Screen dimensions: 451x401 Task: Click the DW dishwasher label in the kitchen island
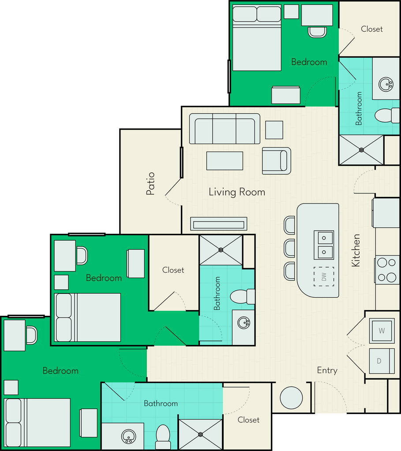(x=324, y=277)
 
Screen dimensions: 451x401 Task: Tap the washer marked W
(x=382, y=330)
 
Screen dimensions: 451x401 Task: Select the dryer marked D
(x=379, y=361)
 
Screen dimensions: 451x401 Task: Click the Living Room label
(x=237, y=192)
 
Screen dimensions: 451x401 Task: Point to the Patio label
(x=151, y=183)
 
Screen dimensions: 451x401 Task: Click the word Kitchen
(x=356, y=250)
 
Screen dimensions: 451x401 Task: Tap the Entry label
(x=327, y=370)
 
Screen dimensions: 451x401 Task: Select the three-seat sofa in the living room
(x=225, y=129)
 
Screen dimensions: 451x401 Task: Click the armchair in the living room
(x=276, y=160)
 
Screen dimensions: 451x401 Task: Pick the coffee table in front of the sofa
(x=225, y=161)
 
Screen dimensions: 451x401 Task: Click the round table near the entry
(x=291, y=398)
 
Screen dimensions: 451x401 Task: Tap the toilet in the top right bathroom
(x=383, y=115)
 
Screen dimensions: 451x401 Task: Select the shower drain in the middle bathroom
(x=221, y=250)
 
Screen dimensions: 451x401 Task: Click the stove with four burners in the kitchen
(x=387, y=270)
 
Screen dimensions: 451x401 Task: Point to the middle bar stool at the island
(x=289, y=248)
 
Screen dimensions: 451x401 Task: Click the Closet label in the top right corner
(x=371, y=29)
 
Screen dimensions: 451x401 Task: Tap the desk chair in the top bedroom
(x=317, y=32)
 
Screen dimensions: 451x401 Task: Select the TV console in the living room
(x=218, y=224)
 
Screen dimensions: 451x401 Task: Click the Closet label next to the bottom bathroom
(x=248, y=420)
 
